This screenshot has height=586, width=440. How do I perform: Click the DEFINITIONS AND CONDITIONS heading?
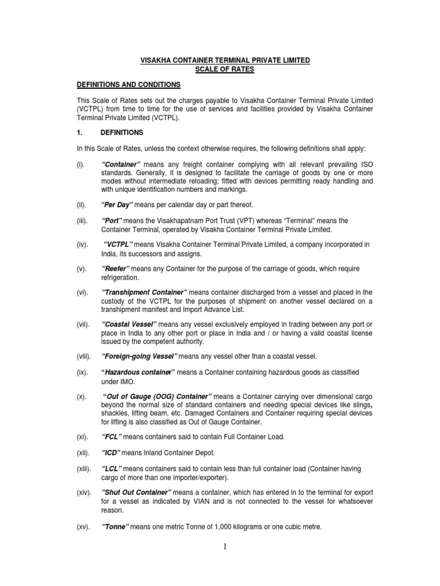coord(129,85)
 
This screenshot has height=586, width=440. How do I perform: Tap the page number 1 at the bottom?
coord(225,547)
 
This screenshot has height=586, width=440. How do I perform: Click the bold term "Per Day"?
coord(117,205)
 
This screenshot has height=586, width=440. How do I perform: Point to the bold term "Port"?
coord(113,221)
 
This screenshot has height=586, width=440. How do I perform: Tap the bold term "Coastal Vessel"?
coord(130,325)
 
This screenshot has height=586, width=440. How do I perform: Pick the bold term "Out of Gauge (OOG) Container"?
coord(158,397)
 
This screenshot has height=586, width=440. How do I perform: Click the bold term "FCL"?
coord(113,437)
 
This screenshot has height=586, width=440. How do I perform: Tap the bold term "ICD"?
coord(112,453)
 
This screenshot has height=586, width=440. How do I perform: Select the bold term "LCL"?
coord(112,469)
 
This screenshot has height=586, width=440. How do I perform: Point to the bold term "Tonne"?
coord(115,525)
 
